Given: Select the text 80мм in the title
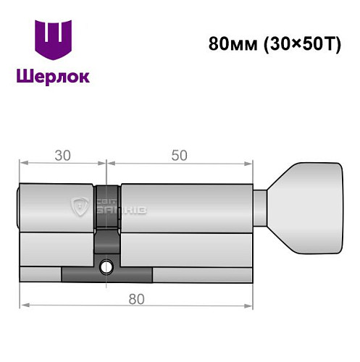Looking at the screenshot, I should click(230, 43).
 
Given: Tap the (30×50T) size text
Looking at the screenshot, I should click(293, 43).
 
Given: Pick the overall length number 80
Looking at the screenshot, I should click(136, 298).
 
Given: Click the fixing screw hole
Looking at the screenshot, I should click(107, 266).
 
